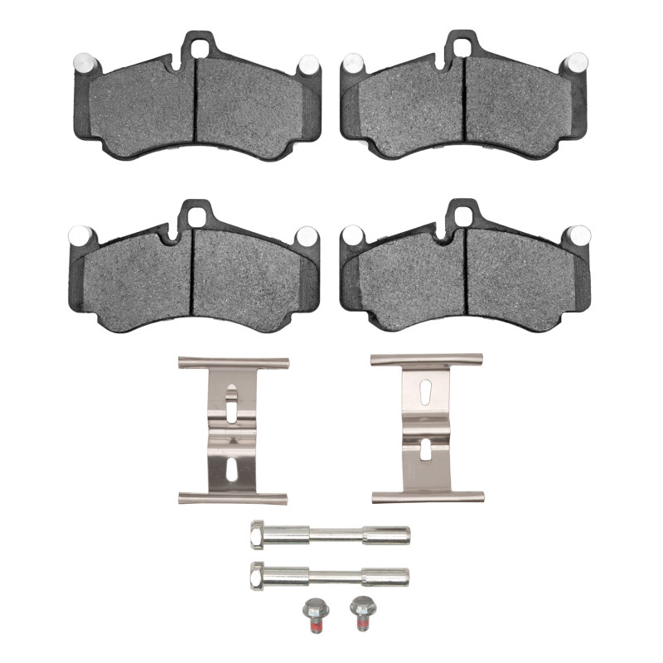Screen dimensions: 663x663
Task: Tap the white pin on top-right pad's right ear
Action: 576,62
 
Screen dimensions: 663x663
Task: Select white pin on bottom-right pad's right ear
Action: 579,235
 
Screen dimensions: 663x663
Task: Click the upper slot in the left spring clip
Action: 231,399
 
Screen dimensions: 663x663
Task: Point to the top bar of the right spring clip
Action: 426,361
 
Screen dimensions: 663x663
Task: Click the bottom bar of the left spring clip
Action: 233,497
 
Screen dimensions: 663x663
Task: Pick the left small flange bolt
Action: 313,615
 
